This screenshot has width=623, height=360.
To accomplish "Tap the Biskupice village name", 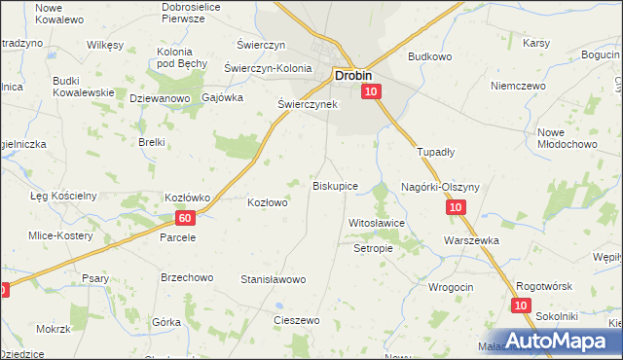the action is [x=335, y=185].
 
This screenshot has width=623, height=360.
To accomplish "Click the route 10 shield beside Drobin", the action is [x=371, y=91].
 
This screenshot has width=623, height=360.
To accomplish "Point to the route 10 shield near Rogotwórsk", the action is [x=522, y=306].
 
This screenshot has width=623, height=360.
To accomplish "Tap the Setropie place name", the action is [x=372, y=248].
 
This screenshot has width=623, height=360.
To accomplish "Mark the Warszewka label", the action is [x=470, y=239].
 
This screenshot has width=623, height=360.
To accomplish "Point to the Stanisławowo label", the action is [x=274, y=279].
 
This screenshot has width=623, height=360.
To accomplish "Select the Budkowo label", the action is [x=429, y=56].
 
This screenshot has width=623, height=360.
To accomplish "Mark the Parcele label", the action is [x=178, y=236].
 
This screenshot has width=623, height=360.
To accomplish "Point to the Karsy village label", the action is [x=537, y=44].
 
